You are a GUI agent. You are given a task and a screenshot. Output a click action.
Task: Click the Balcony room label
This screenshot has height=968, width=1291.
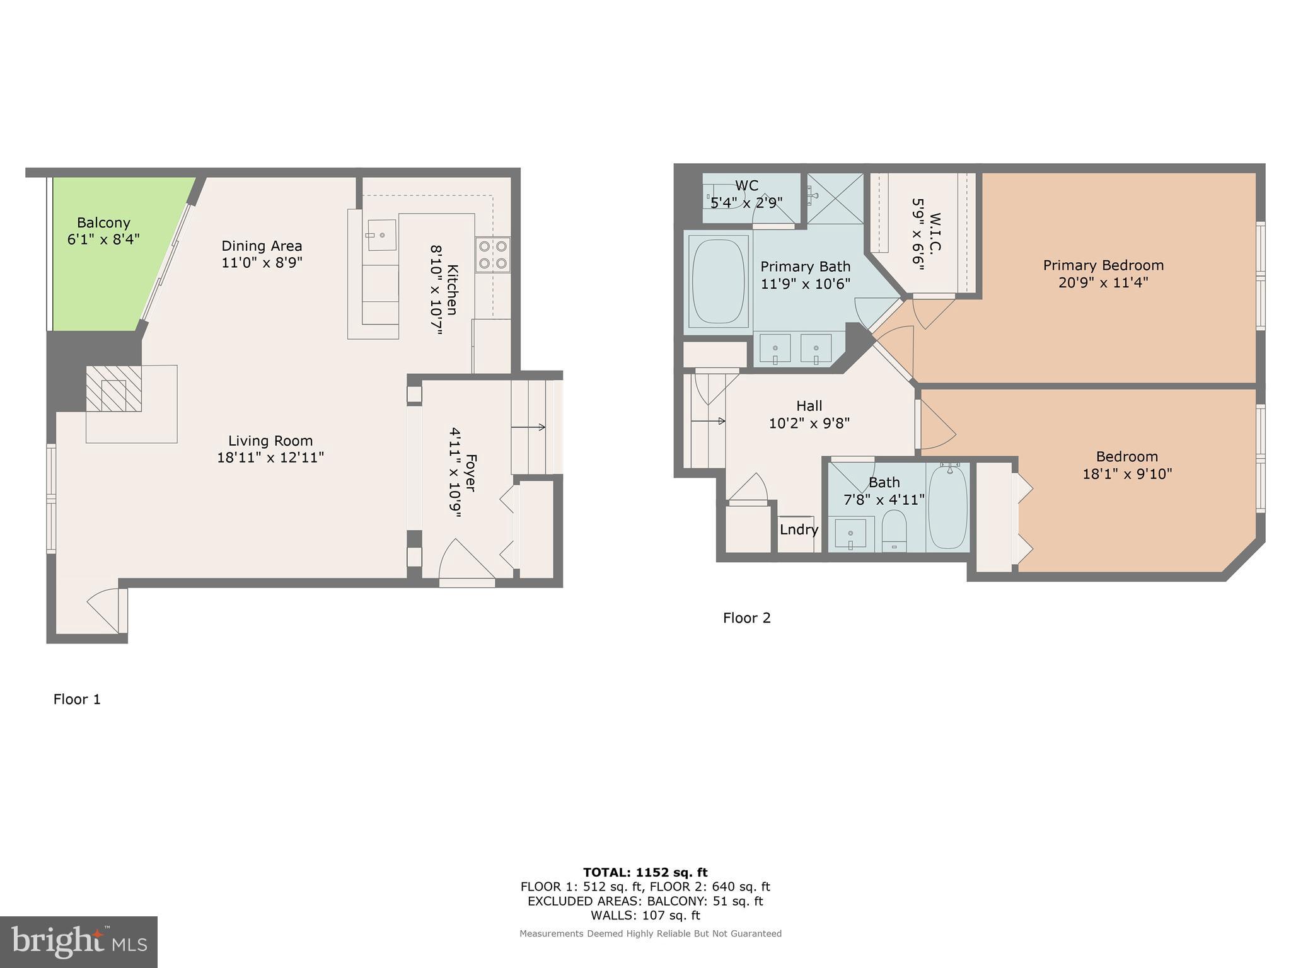(x=103, y=223)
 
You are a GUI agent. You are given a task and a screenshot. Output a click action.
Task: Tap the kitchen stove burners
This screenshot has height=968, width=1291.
(x=492, y=255)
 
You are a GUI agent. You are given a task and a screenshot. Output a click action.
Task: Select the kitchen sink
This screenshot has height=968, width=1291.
(x=382, y=235)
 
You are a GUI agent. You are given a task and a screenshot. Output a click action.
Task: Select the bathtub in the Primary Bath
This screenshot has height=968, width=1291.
(x=717, y=281)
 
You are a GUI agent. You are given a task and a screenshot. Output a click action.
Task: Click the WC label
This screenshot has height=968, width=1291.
(x=746, y=186)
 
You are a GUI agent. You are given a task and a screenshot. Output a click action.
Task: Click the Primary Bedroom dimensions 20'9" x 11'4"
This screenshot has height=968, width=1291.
(x=1103, y=282)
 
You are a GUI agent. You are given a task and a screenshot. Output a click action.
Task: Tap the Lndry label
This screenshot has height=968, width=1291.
(x=799, y=529)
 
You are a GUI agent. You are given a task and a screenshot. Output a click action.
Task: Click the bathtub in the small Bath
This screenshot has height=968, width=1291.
(x=947, y=507)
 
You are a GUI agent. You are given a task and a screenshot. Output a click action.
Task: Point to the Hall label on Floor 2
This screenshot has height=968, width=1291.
(x=809, y=406)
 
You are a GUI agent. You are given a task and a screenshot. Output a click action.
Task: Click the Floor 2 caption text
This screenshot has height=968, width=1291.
(x=746, y=618)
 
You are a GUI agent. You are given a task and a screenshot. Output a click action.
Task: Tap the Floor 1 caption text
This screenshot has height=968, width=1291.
(x=77, y=699)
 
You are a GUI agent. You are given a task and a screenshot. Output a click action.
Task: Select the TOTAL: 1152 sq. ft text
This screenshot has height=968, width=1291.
(x=645, y=872)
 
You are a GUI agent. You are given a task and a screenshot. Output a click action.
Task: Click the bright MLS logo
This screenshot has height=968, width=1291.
(x=78, y=942)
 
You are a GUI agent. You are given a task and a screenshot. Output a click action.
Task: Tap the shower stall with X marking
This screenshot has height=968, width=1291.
(x=835, y=198)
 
